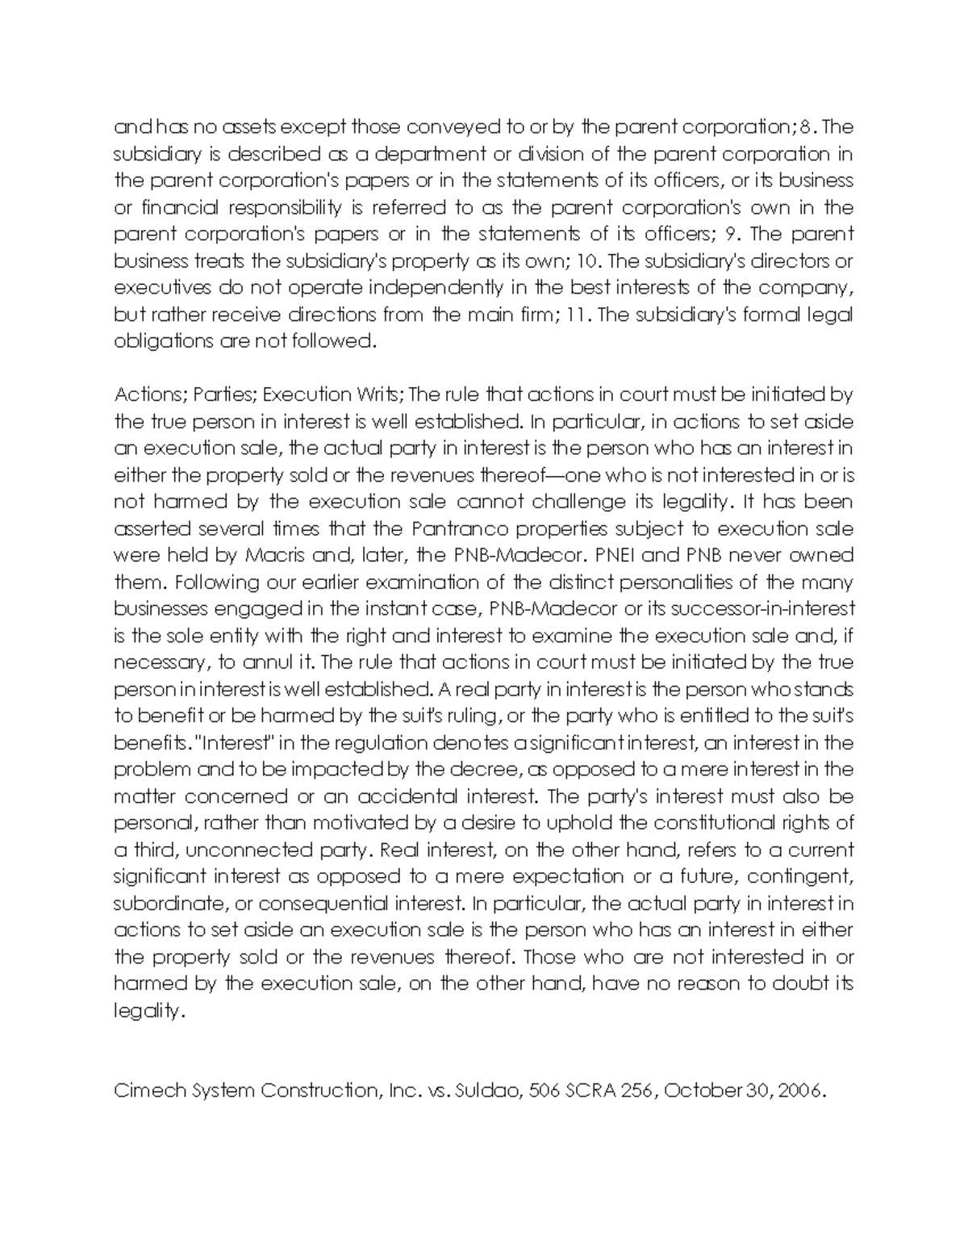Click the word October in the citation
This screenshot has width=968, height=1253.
pyautogui.click(x=703, y=1091)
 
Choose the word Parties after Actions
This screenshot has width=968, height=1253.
pyautogui.click(x=223, y=395)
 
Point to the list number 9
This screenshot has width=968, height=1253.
pyautogui.click(x=732, y=235)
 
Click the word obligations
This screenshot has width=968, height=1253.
pyautogui.click(x=162, y=341)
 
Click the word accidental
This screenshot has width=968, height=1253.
pyautogui.click(x=407, y=796)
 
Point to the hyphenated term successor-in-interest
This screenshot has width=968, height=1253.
pyautogui.click(x=749, y=608)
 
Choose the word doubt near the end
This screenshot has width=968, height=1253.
pyautogui.click(x=800, y=984)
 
